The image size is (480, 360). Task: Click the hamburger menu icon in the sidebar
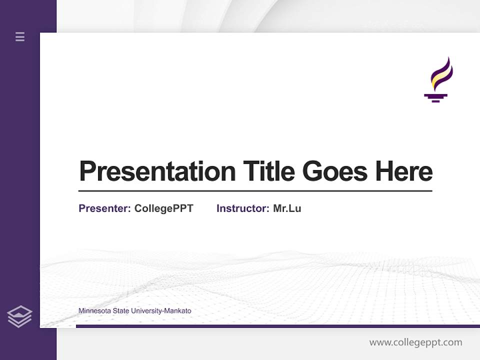pyautogui.click(x=20, y=36)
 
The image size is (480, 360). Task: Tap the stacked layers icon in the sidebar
pyautogui.click(x=19, y=316)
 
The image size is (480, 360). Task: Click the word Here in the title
pyautogui.click(x=403, y=171)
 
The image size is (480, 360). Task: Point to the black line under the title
pyautogui.click(x=255, y=191)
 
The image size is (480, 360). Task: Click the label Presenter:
pyautogui.click(x=105, y=208)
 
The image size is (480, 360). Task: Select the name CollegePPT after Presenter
pyautogui.click(x=163, y=208)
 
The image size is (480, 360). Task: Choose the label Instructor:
pyautogui.click(x=243, y=208)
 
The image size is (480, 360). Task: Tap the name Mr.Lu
pyautogui.click(x=287, y=208)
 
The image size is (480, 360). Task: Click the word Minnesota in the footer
pyautogui.click(x=94, y=311)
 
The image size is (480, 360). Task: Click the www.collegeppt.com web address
pyautogui.click(x=415, y=342)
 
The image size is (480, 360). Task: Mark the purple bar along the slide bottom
pyautogui.click(x=277, y=326)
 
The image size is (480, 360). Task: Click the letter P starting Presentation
pyautogui.click(x=87, y=171)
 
